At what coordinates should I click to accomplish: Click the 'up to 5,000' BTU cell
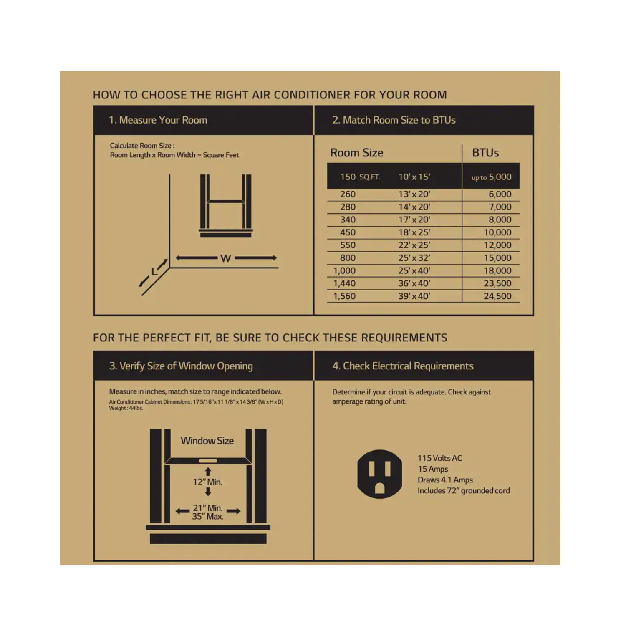click(491, 177)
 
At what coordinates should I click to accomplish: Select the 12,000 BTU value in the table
click(497, 245)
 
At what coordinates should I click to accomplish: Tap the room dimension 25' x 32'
click(414, 258)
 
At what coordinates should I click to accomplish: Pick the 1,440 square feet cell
click(344, 283)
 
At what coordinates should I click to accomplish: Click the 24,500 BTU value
click(497, 296)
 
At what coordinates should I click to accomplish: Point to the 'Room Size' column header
click(357, 153)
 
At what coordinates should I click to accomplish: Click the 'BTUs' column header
click(485, 153)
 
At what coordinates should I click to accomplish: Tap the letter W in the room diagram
click(226, 258)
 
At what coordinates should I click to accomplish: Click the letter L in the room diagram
click(154, 272)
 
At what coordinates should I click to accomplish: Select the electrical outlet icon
click(379, 474)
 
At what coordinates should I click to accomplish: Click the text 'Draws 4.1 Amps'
click(445, 480)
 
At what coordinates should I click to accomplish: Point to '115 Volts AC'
click(440, 458)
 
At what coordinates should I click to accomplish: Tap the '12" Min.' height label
click(207, 482)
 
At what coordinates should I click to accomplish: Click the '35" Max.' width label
click(207, 517)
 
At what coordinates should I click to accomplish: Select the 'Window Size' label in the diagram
click(207, 441)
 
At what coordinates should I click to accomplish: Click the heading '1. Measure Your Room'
click(158, 120)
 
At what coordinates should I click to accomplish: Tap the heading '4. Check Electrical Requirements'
click(403, 366)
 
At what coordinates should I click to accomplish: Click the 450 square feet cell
click(348, 232)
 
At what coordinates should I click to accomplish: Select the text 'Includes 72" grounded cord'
click(464, 491)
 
